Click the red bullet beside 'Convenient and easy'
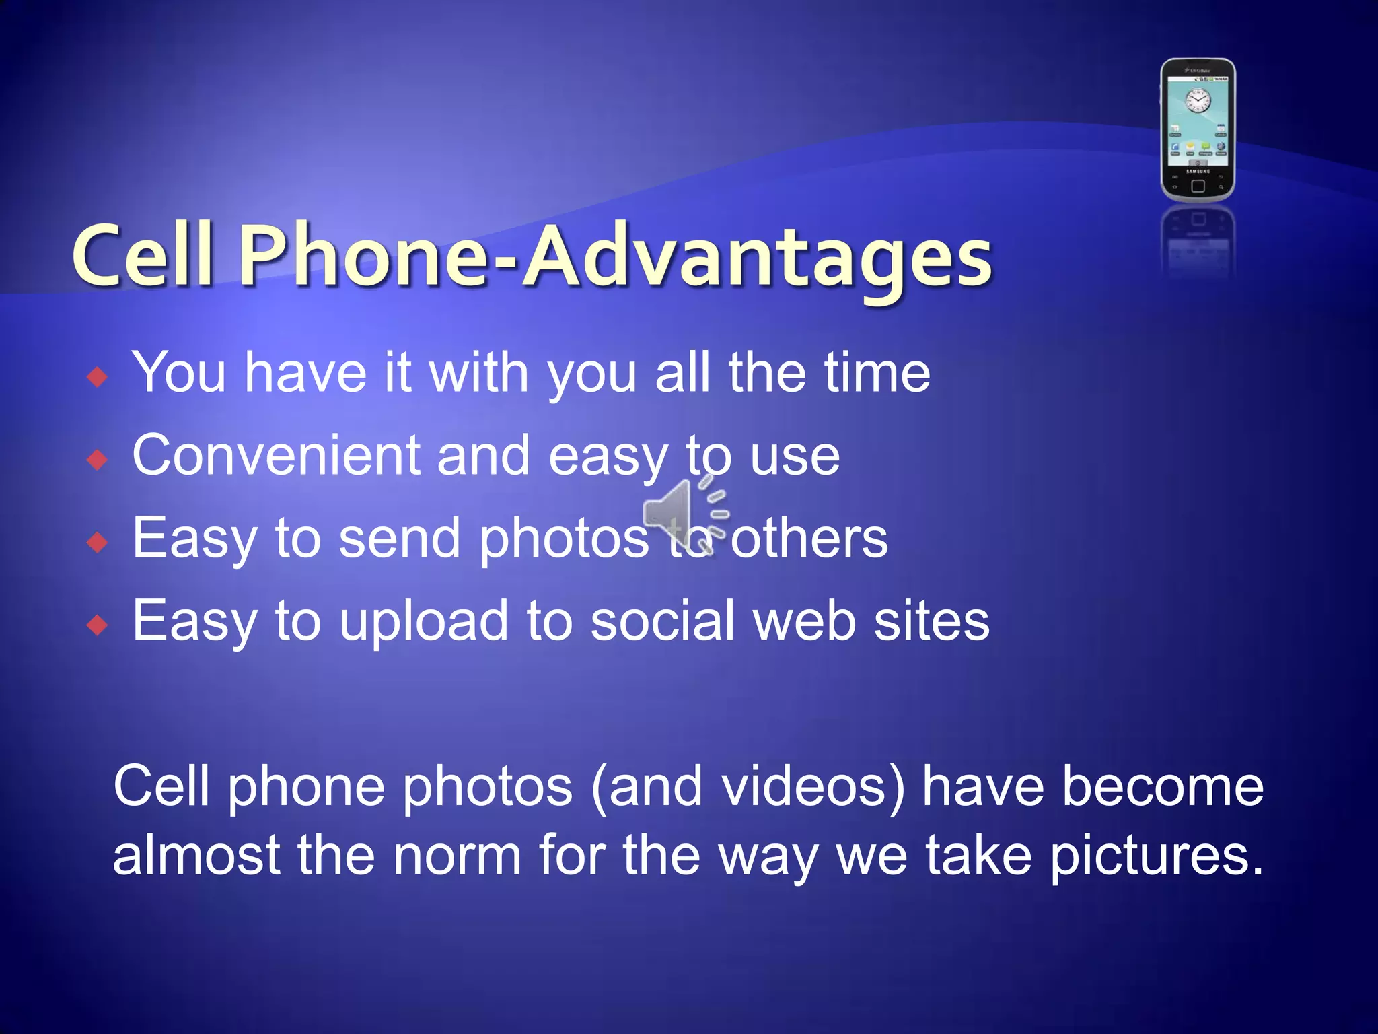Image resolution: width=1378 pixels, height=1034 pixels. tap(98, 460)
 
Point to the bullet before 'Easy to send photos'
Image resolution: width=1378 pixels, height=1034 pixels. tap(98, 542)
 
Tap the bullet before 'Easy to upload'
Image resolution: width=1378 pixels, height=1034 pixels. tap(98, 625)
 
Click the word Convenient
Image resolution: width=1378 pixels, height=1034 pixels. tap(276, 456)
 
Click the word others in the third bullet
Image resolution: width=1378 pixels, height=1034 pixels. tap(809, 539)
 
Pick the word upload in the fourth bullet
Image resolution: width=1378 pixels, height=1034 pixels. tap(423, 622)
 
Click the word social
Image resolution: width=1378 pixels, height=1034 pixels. tap(662, 621)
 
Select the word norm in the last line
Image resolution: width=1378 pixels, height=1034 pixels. tap(457, 855)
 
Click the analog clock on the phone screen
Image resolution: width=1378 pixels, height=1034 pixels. tap(1198, 102)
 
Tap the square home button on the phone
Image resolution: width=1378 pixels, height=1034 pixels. tap(1198, 186)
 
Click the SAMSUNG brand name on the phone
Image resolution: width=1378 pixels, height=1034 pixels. tap(1198, 171)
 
